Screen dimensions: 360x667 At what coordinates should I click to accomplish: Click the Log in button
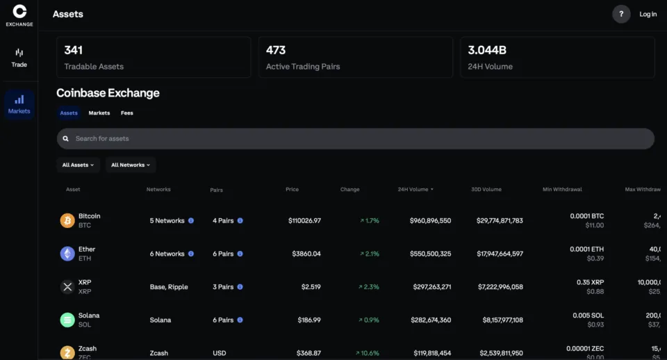click(648, 14)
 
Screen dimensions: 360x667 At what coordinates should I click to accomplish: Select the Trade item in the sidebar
click(19, 58)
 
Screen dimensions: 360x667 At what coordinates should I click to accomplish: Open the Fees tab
click(126, 113)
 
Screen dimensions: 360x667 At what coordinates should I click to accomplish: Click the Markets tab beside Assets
click(99, 113)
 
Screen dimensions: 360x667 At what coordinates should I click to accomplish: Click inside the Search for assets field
click(355, 138)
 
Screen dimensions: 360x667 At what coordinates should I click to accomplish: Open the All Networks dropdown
click(131, 165)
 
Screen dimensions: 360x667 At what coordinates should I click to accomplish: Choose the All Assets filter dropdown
click(78, 165)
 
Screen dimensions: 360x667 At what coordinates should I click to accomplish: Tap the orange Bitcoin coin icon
click(67, 220)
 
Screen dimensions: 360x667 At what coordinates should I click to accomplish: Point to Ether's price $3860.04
click(304, 254)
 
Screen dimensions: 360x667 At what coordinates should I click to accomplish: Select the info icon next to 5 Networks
click(191, 220)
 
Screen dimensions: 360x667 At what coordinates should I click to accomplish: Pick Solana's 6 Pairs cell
click(223, 320)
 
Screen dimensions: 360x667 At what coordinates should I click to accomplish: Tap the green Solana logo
click(67, 320)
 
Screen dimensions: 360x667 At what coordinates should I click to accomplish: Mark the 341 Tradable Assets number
click(74, 50)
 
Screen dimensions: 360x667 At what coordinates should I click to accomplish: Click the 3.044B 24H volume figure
click(487, 50)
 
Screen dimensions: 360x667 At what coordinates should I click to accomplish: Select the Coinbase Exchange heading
click(108, 93)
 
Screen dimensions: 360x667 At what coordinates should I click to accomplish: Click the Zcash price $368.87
click(304, 353)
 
